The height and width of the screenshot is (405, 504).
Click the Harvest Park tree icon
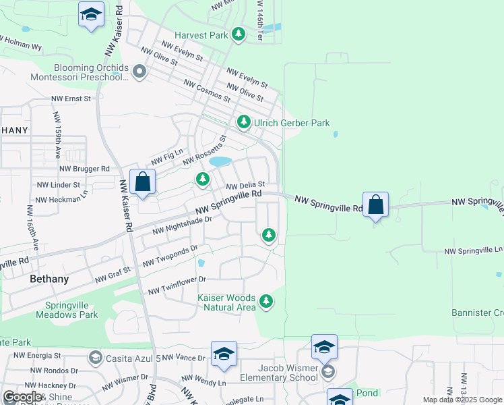pyautogui.click(x=238, y=34)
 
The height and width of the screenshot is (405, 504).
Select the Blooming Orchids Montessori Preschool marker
pyautogui.click(x=139, y=71)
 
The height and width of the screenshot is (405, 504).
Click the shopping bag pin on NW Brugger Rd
pyautogui.click(x=143, y=182)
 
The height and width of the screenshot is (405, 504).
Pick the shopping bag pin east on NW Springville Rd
pyautogui.click(x=375, y=205)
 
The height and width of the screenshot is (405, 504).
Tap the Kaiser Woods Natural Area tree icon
pyautogui.click(x=267, y=301)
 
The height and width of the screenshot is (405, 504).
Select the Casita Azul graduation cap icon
pyautogui.click(x=95, y=357)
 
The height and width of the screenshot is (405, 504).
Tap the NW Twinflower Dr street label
pyautogui.click(x=177, y=285)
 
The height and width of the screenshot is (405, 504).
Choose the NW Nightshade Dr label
pyautogui.click(x=182, y=225)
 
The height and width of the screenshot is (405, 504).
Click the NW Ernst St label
pyautogui.click(x=71, y=99)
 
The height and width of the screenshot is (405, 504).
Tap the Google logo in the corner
pyautogui.click(x=22, y=397)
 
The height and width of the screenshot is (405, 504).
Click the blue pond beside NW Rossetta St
pyautogui.click(x=220, y=162)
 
